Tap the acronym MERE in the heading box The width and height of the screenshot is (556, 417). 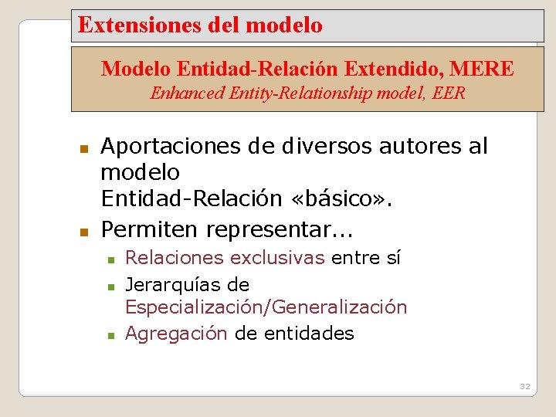click(482, 69)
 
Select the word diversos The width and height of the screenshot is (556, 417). click(320, 147)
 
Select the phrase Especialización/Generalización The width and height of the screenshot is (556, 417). click(266, 307)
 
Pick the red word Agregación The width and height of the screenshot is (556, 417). click(176, 334)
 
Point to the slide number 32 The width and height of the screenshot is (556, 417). click(524, 386)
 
